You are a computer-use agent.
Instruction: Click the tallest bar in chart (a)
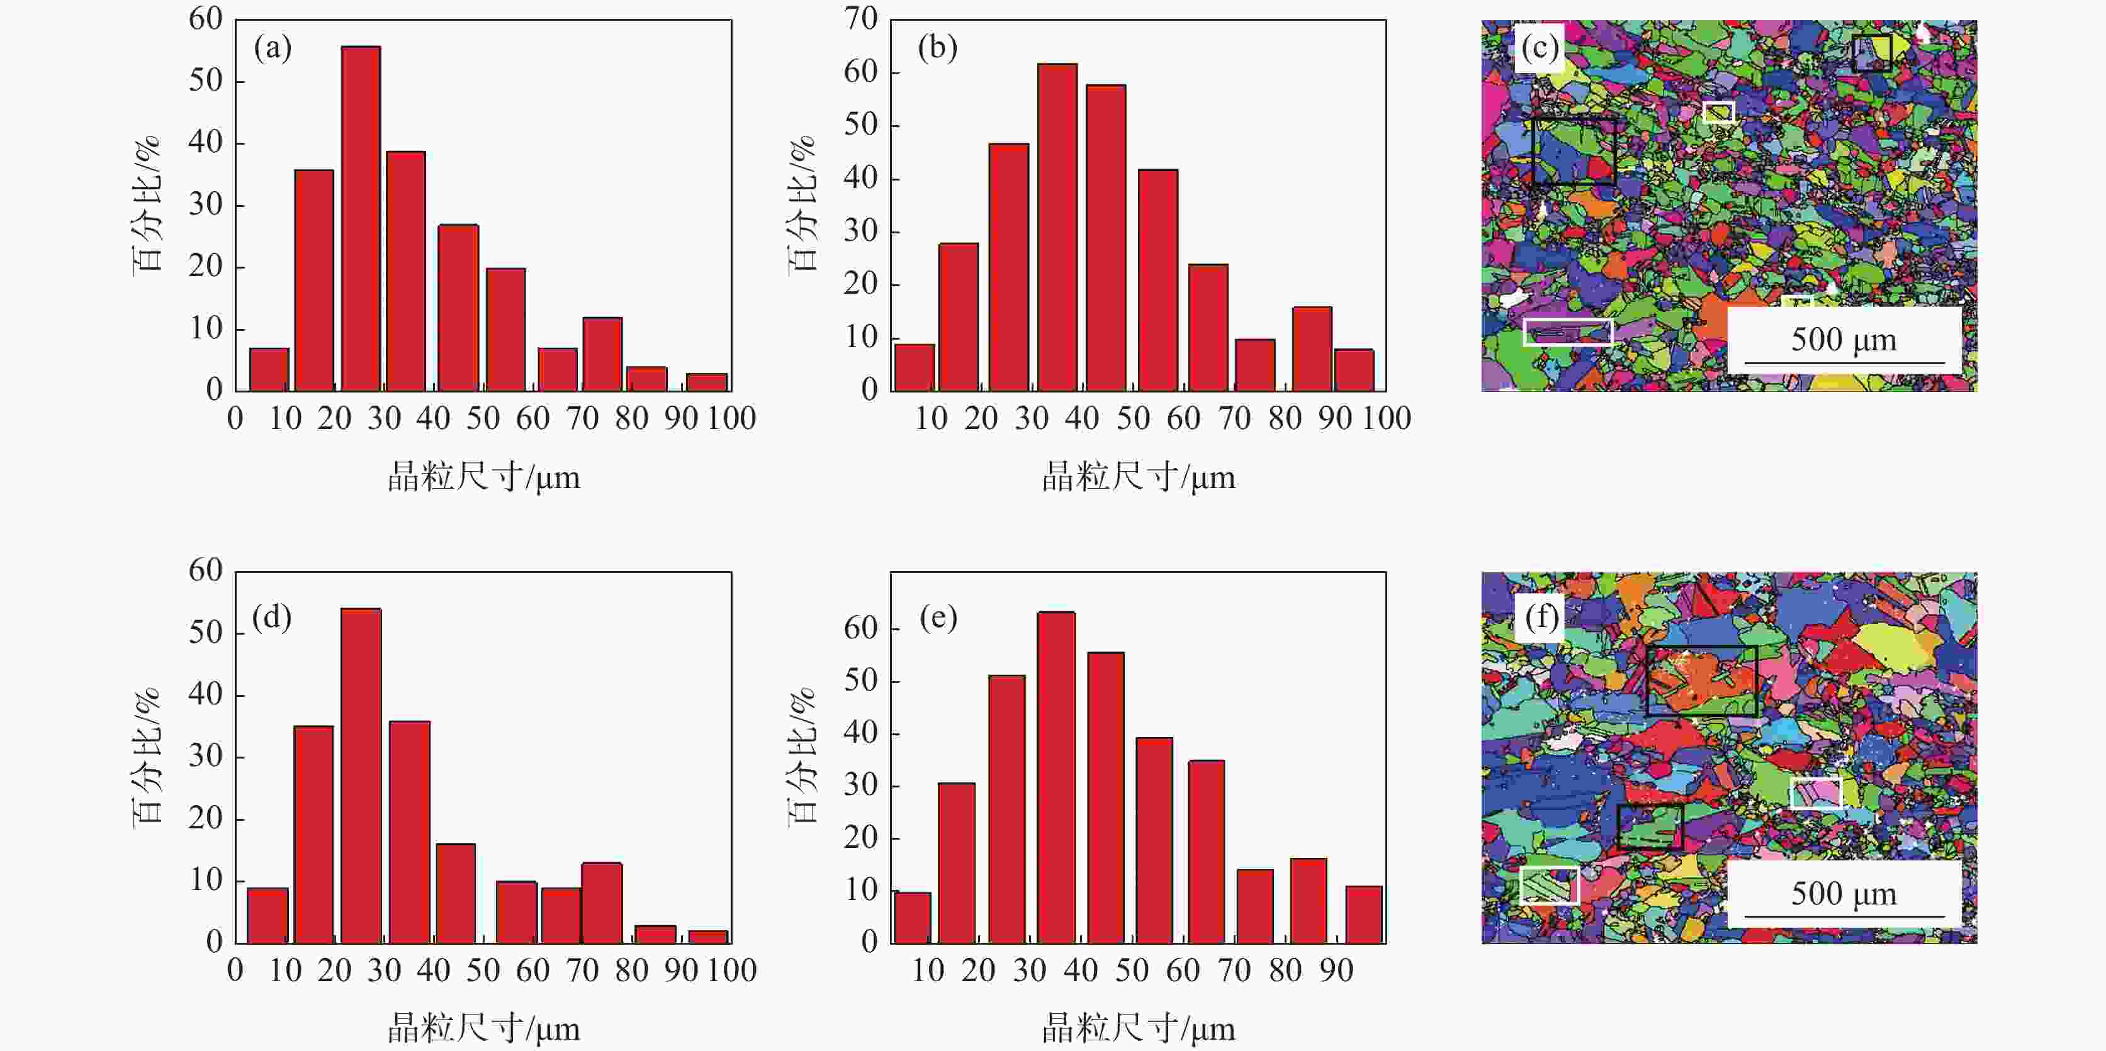(x=361, y=218)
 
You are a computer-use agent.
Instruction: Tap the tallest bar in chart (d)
(x=361, y=776)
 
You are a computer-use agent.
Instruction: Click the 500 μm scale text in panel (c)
(x=1844, y=339)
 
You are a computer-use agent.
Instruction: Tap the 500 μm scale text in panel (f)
(x=1844, y=893)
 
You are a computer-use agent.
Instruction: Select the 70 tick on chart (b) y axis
(x=861, y=19)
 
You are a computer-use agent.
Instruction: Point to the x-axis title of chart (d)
(x=484, y=1029)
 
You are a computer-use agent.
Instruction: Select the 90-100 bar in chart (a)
(x=706, y=382)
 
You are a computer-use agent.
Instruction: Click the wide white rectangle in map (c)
(x=1567, y=332)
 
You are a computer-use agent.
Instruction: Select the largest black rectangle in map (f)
(x=1701, y=680)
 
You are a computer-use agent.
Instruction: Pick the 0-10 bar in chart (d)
(x=267, y=915)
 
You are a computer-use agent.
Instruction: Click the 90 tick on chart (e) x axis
(x=1336, y=971)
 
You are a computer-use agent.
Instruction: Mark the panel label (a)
(x=273, y=48)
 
